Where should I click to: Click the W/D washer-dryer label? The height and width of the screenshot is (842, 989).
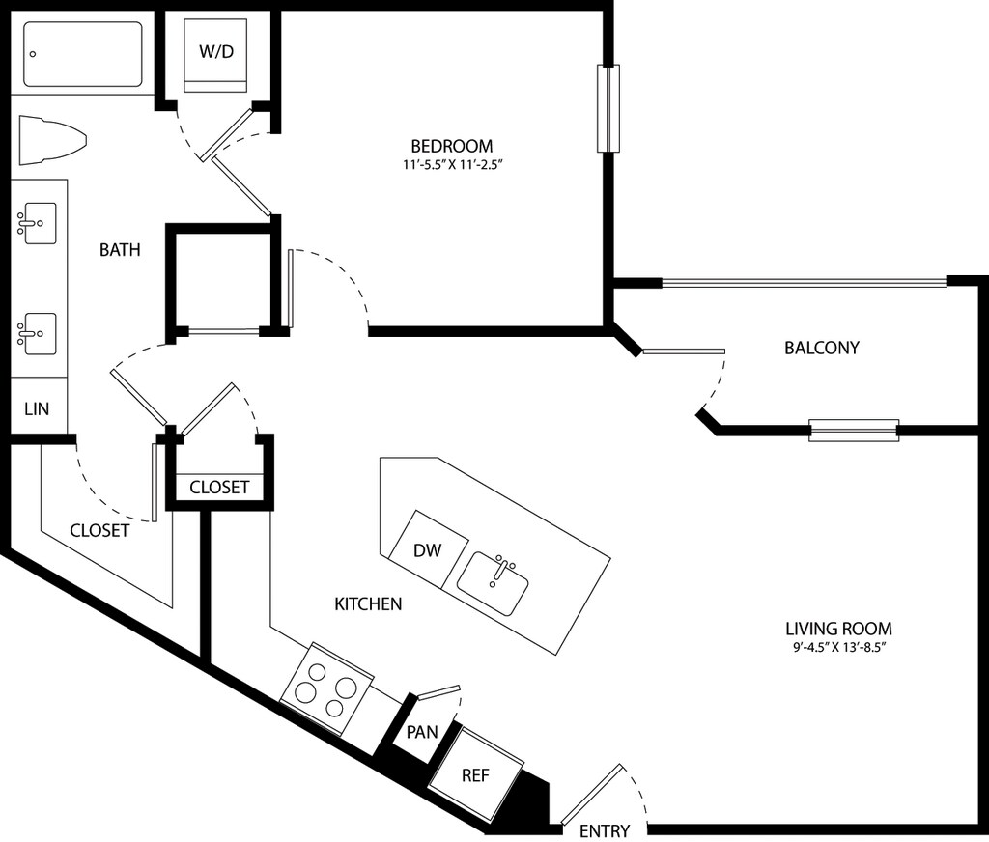216,52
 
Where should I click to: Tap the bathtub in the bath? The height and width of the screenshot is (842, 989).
83,54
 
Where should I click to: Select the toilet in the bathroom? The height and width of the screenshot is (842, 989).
52,141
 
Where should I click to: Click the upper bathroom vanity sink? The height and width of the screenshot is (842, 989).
37,223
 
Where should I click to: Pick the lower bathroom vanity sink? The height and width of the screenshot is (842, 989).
37,334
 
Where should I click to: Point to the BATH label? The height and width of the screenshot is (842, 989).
120,250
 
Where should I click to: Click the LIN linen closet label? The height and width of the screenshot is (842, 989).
37,409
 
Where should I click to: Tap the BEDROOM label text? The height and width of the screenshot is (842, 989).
452,147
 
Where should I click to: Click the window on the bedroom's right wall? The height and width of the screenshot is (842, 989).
608,108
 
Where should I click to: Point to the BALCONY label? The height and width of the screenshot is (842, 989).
822,349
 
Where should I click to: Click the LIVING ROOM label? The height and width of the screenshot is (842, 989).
838,629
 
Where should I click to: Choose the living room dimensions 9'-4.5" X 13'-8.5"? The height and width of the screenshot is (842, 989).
840,648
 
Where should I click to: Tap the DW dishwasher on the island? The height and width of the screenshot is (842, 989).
428,549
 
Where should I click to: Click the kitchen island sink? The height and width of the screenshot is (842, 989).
493,584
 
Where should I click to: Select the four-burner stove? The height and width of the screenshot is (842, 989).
326,689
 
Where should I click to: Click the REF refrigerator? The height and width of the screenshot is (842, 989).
475,773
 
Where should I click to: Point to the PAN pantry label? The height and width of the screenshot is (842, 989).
422,732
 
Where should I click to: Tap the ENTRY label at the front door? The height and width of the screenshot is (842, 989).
605,830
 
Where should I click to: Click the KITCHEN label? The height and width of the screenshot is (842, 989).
368,604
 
